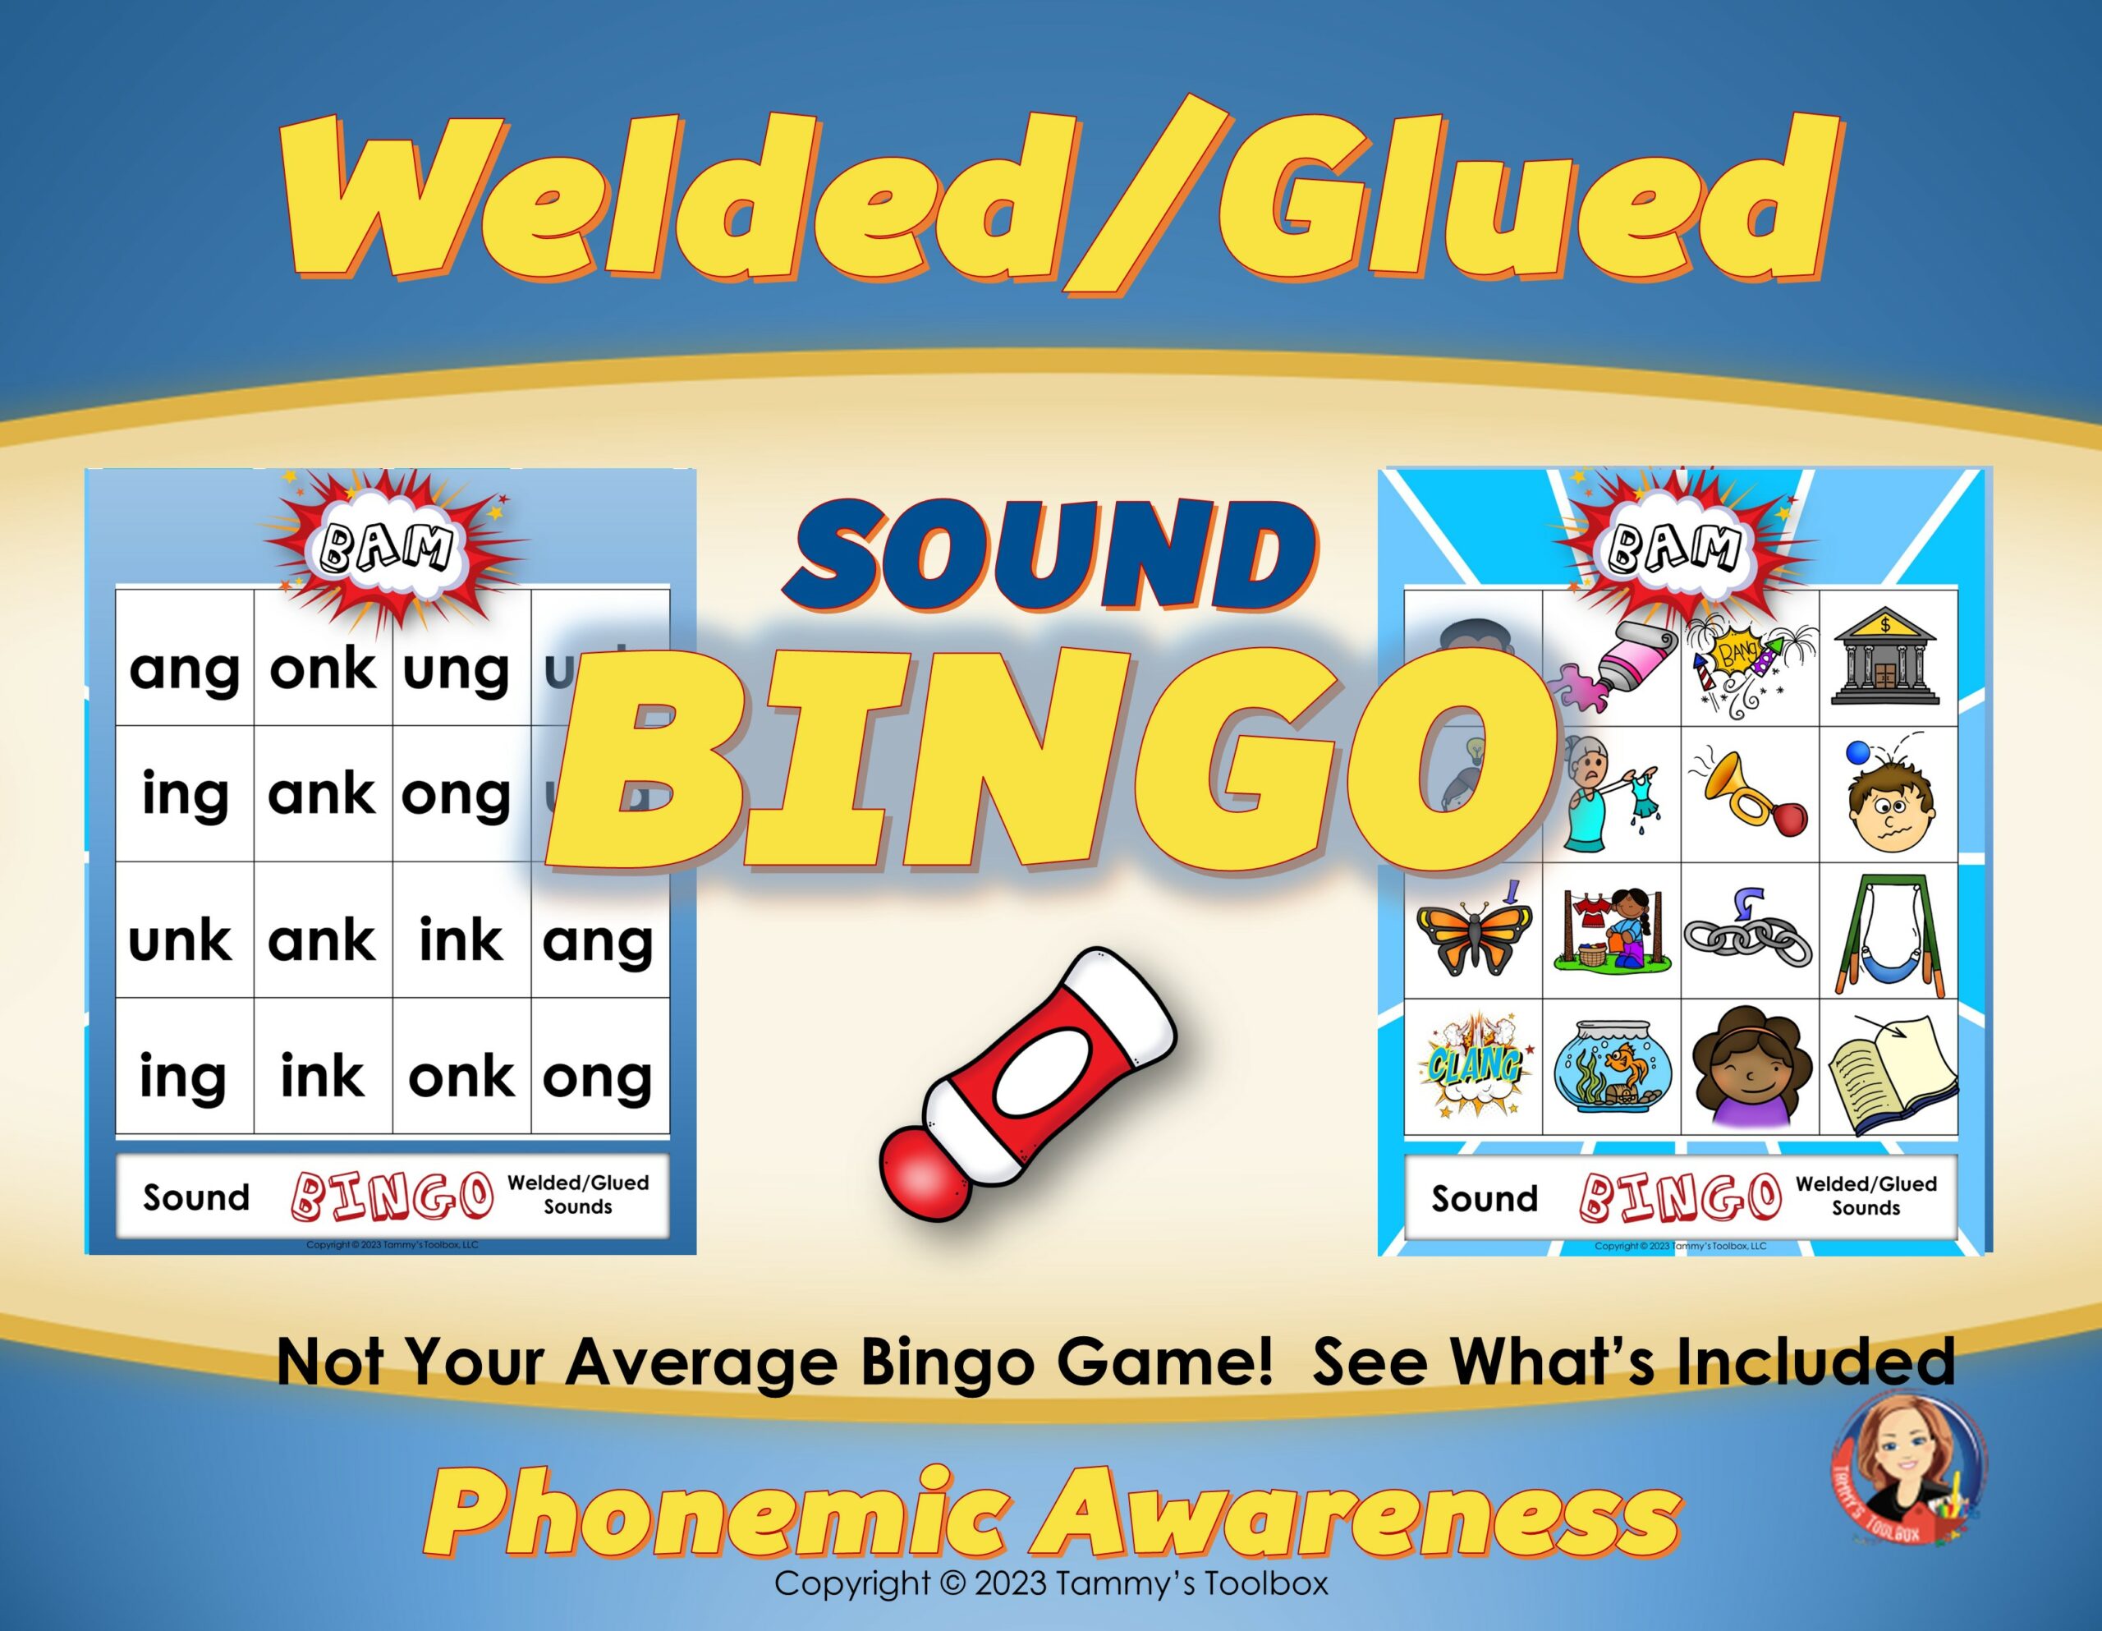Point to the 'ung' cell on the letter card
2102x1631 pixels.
[x=457, y=668]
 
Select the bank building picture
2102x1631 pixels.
[x=1885, y=659]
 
